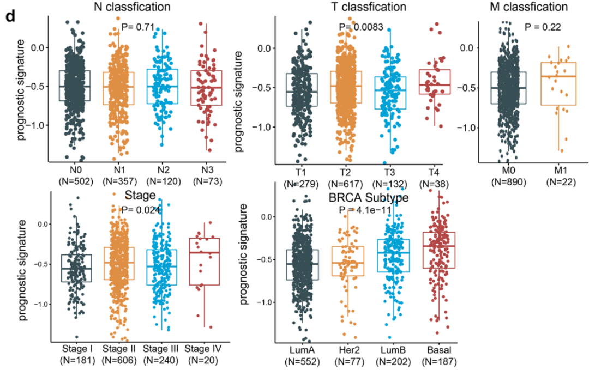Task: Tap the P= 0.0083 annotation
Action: point(361,26)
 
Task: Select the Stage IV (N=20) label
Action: point(203,354)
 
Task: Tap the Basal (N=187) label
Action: point(440,354)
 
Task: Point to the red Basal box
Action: point(440,250)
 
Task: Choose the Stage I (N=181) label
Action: point(76,354)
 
